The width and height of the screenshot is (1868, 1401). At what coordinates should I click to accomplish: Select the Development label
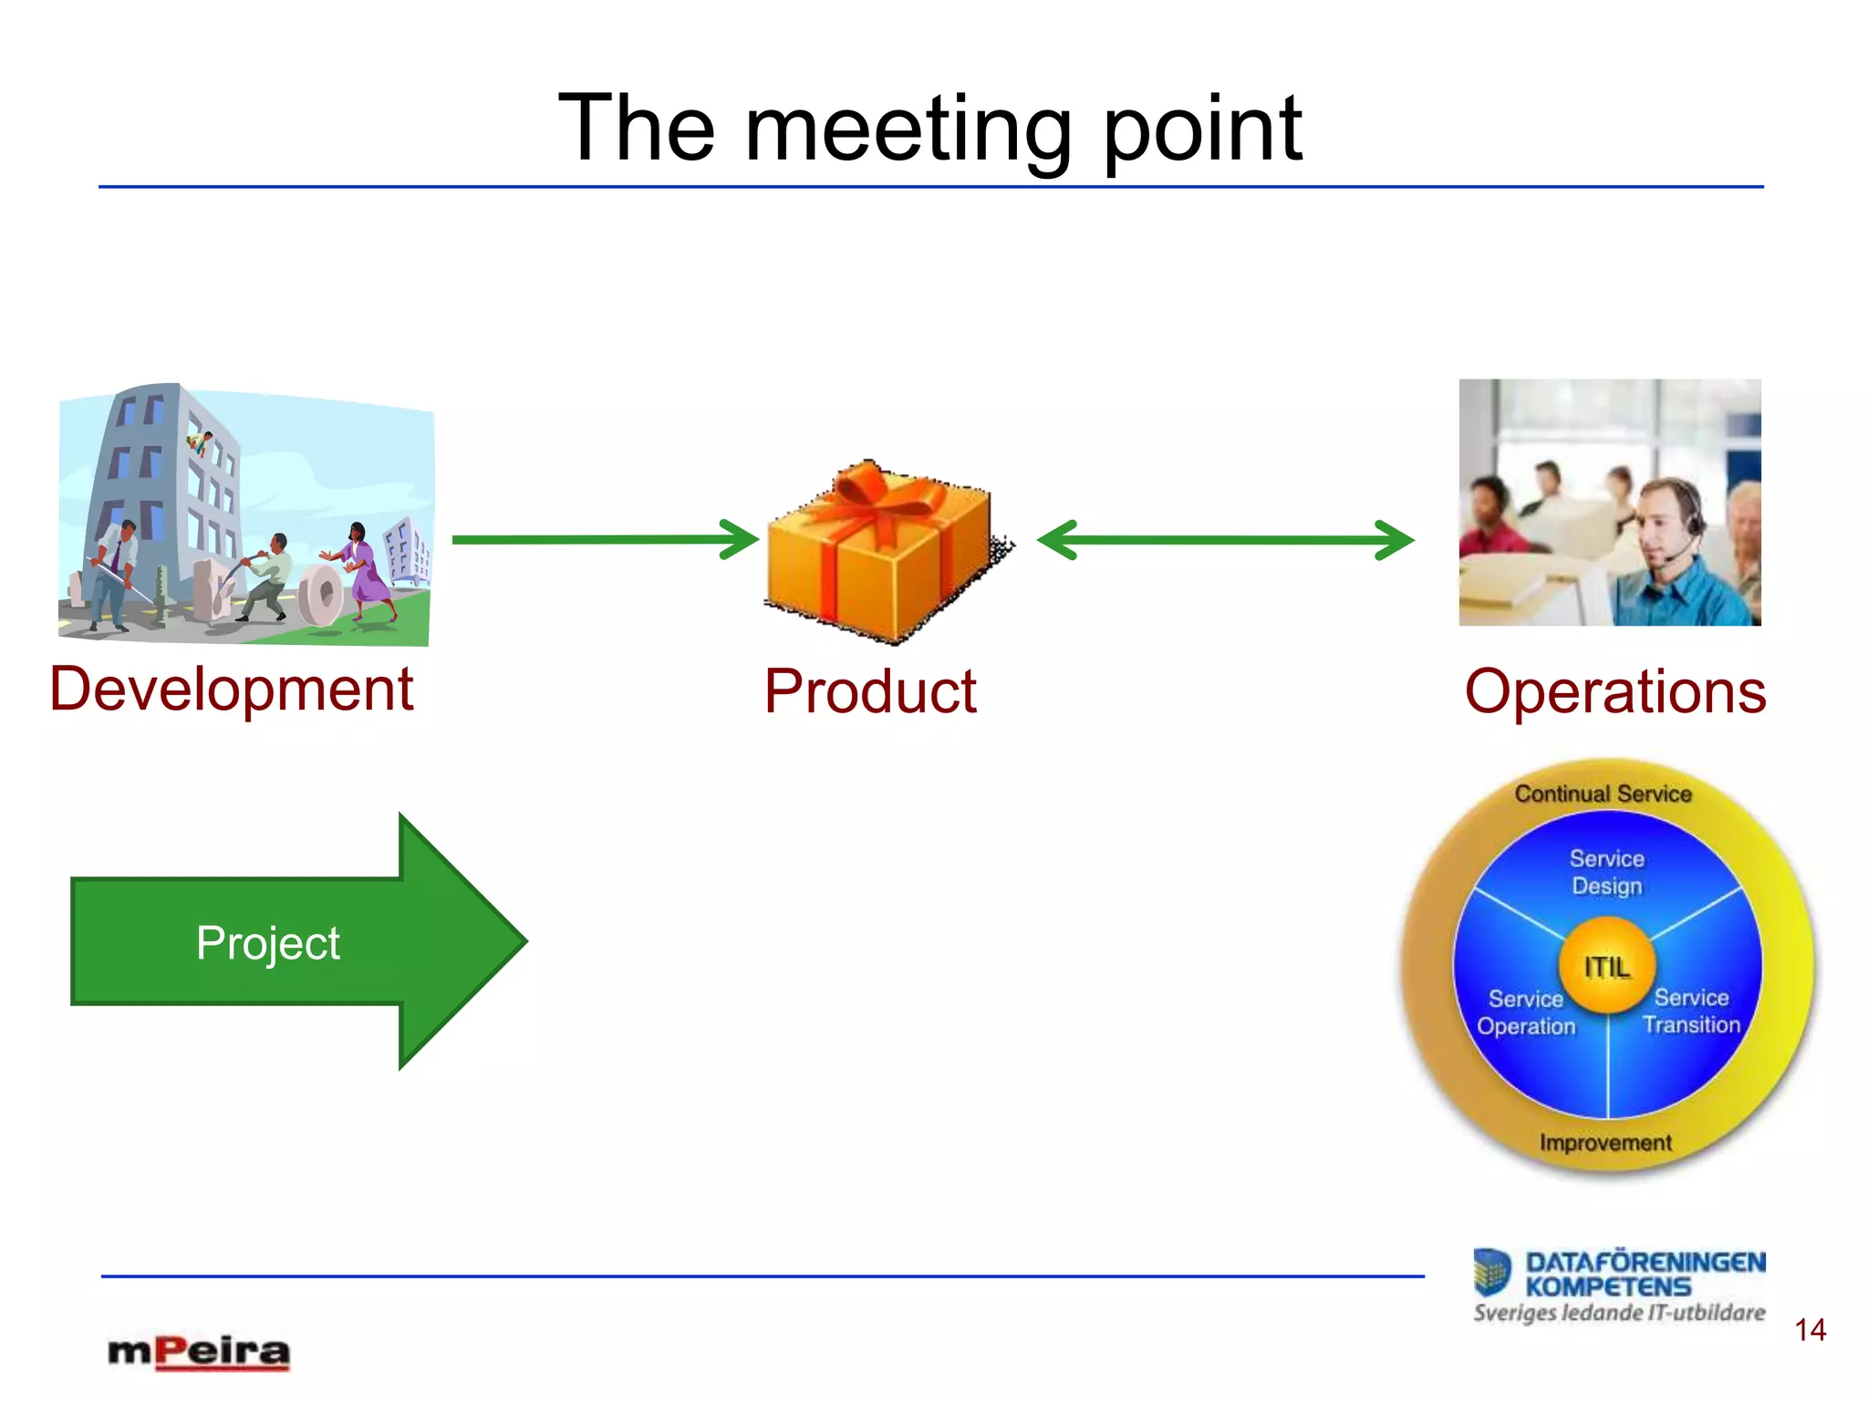click(x=232, y=690)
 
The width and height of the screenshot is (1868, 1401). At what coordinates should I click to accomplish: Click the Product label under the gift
click(x=870, y=692)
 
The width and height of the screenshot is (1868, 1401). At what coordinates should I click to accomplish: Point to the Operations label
click(x=1614, y=691)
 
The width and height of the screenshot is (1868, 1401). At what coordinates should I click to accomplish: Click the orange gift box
click(x=880, y=566)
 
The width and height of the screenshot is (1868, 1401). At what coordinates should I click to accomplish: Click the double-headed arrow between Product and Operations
click(x=1225, y=540)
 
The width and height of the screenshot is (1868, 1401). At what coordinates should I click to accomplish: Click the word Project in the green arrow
click(x=267, y=943)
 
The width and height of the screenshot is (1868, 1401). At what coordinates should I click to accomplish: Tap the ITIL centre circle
click(x=1606, y=967)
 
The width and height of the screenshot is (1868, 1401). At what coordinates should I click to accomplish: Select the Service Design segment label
click(x=1606, y=872)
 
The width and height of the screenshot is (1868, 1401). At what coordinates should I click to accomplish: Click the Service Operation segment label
click(x=1526, y=1012)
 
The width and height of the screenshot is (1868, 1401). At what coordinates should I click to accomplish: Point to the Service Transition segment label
click(x=1691, y=1011)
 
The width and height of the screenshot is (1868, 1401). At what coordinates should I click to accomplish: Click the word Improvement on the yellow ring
click(x=1605, y=1143)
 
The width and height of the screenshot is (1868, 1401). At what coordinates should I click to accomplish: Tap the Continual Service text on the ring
click(x=1603, y=794)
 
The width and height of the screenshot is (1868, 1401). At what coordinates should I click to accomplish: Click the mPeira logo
click(x=199, y=1352)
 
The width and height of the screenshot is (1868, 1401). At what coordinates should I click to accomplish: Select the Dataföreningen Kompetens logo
click(x=1620, y=1284)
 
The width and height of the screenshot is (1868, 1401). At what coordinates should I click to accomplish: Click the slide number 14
click(x=1810, y=1330)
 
